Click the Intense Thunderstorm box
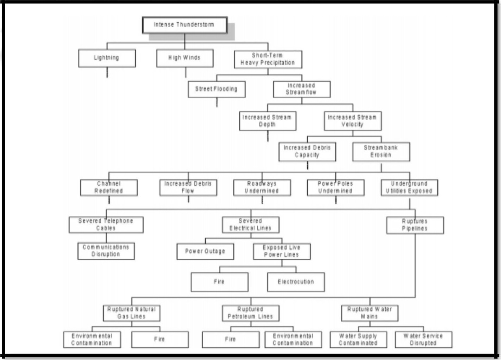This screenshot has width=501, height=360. [184, 25]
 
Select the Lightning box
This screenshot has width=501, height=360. [107, 58]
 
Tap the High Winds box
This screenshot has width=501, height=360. [185, 58]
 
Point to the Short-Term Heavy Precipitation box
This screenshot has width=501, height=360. [268, 59]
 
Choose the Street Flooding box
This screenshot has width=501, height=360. [217, 89]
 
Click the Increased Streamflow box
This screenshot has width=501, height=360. [302, 89]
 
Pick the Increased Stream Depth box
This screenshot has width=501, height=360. [268, 121]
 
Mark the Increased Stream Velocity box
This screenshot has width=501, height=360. [352, 121]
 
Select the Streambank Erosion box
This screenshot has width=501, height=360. [381, 152]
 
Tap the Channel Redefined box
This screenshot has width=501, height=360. [109, 188]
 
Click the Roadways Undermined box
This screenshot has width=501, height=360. [262, 188]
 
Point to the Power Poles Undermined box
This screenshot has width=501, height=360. [335, 188]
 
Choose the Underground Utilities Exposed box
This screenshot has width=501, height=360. [410, 188]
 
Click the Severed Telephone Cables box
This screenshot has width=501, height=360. [106, 225]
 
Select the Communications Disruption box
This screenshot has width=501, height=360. [106, 251]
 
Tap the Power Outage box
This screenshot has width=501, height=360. [205, 251]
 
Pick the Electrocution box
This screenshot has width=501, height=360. [296, 282]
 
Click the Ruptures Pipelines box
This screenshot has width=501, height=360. [415, 225]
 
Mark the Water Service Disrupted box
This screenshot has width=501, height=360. [423, 340]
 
